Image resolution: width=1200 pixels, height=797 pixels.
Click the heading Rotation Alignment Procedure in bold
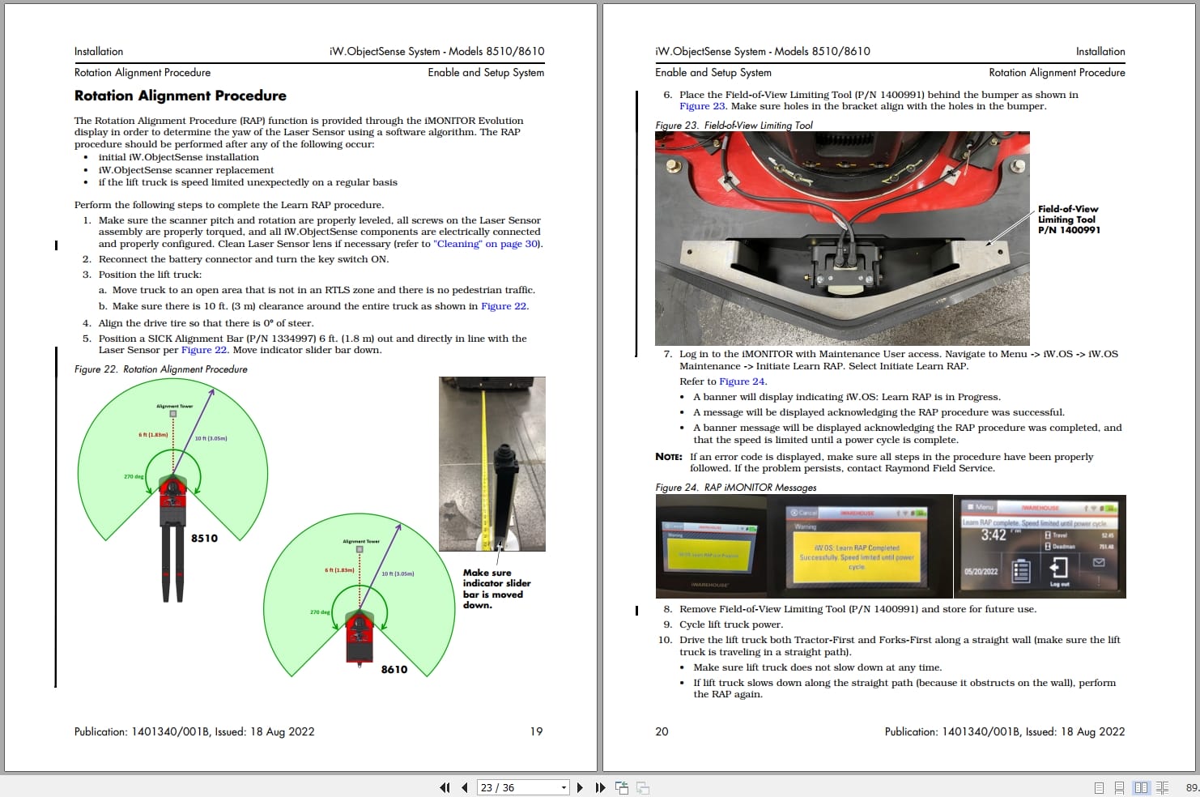(180, 96)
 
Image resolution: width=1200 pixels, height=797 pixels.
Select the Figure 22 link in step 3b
(504, 306)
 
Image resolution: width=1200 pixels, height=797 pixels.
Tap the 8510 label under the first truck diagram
(204, 539)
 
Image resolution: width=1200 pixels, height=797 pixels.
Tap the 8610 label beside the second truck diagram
(394, 670)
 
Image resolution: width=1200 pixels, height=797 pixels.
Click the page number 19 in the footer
(536, 731)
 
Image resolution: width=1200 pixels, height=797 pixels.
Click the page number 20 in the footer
(662, 731)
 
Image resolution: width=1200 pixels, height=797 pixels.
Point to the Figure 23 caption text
(734, 126)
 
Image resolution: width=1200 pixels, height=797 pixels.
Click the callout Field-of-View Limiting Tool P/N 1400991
(1069, 219)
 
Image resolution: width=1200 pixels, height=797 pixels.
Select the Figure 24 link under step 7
(742, 381)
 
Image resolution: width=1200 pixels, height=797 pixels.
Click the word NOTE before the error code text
(668, 457)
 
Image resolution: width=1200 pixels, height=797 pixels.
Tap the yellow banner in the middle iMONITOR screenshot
(857, 556)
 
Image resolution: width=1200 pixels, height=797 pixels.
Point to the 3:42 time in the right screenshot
(994, 535)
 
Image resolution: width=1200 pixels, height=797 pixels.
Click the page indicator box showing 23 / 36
(523, 787)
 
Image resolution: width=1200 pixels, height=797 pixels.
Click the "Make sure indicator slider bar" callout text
(496, 589)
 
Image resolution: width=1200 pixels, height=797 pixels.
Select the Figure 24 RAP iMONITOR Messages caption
(735, 488)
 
